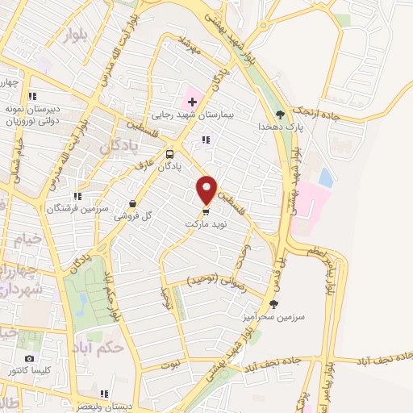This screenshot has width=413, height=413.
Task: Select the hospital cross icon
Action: [191, 102]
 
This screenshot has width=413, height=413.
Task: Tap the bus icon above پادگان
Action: [169, 153]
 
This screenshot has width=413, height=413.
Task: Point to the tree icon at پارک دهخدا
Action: [280, 115]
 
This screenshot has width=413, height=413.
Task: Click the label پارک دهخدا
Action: [279, 127]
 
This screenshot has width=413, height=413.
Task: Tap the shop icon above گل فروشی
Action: [133, 204]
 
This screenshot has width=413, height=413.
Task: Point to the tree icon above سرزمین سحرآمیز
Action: [274, 304]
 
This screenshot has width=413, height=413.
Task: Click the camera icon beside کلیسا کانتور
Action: [30, 358]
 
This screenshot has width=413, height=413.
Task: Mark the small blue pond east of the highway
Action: [326, 177]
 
